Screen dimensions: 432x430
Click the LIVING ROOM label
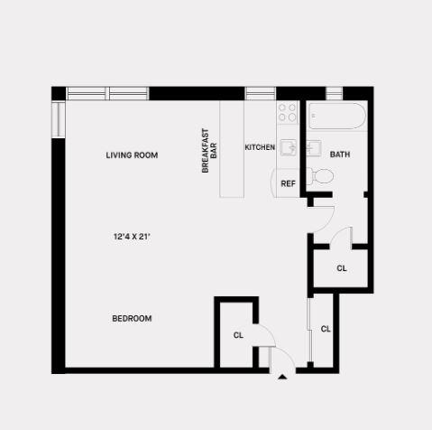(132, 155)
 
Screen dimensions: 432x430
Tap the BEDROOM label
(132, 318)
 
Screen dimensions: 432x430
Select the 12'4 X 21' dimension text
(132, 237)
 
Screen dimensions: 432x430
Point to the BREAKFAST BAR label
(209, 151)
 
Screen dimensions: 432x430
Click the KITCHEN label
(260, 147)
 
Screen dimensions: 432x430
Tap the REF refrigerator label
(288, 183)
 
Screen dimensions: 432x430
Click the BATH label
(340, 154)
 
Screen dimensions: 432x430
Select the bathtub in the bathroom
(337, 116)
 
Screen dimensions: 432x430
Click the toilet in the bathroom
(321, 176)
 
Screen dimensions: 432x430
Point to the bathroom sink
(314, 148)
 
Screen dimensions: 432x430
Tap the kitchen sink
(289, 147)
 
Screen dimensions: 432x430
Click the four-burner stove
(287, 112)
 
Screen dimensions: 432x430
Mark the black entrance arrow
(282, 377)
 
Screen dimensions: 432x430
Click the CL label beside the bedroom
(238, 335)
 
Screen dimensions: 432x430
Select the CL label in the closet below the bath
(342, 268)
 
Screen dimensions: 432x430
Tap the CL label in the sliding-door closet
(326, 329)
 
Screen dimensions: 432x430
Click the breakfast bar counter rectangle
(232, 149)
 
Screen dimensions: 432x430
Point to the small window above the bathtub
(335, 93)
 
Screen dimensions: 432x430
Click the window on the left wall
(59, 119)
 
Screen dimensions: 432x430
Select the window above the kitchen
(261, 93)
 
